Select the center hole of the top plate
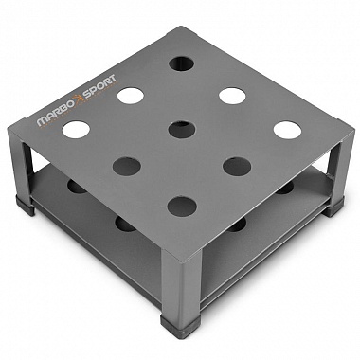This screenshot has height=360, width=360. point(182,130)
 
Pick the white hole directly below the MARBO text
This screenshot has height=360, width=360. point(76,130)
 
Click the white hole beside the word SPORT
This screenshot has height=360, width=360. point(131,96)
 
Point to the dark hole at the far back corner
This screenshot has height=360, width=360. point(181,63)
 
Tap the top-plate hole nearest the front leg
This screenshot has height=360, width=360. point(182,207)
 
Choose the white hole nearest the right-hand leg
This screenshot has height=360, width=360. point(287,130)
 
